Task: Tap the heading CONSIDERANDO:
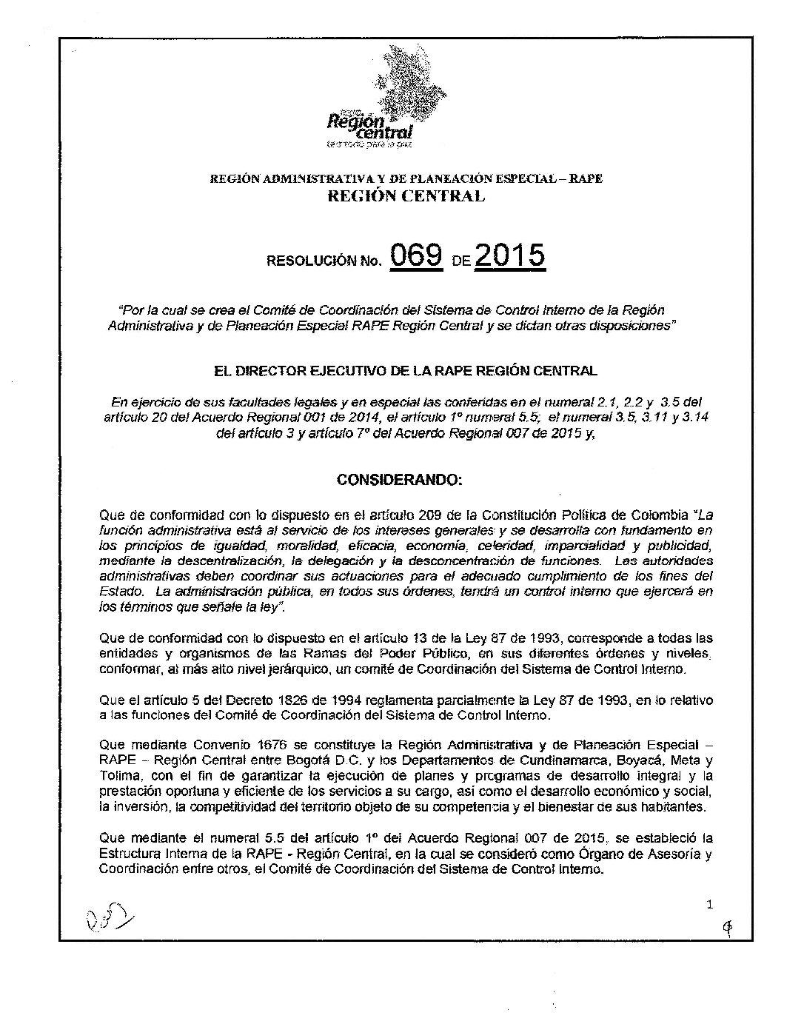click(400, 480)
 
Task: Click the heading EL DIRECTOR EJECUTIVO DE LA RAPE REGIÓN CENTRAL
click(404, 370)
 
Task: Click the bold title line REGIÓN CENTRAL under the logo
click(406, 196)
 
